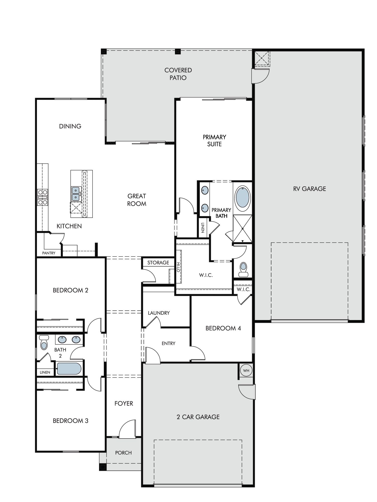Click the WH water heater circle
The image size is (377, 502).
[246, 370]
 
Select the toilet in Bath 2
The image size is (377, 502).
[44, 342]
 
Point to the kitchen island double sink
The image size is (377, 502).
[76, 194]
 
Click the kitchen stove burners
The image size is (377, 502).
[42, 197]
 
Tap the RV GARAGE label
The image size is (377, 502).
[309, 189]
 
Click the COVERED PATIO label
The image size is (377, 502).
[178, 74]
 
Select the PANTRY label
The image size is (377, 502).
[49, 253]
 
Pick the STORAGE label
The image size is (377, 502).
[158, 263]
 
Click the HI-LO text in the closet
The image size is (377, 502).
[178, 267]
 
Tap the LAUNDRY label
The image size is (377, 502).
[159, 313]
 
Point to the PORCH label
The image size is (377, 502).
[123, 453]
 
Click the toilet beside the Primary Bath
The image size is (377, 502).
[243, 269]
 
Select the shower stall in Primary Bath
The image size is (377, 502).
[242, 229]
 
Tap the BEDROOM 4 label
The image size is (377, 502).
[223, 328]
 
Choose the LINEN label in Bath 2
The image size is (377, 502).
[45, 372]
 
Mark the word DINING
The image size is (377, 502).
[70, 126]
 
